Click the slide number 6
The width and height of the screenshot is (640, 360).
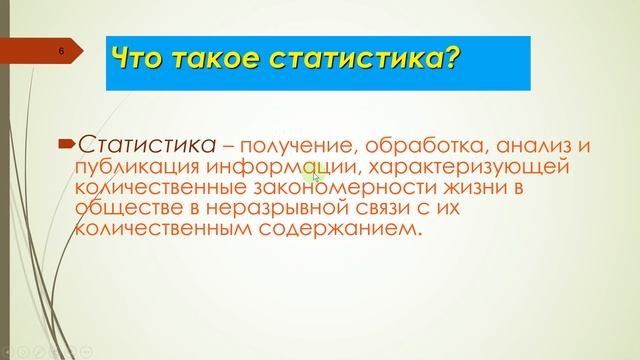tap(61, 51)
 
